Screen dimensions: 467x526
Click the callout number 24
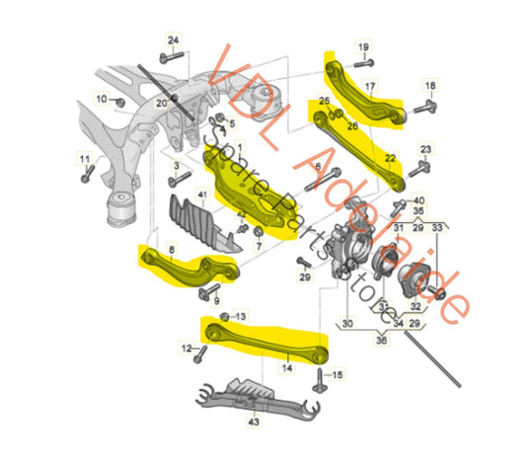174,39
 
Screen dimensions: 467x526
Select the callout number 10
101,99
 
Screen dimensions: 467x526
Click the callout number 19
362,46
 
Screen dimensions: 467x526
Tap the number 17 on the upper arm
370,86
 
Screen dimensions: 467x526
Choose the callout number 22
390,156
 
